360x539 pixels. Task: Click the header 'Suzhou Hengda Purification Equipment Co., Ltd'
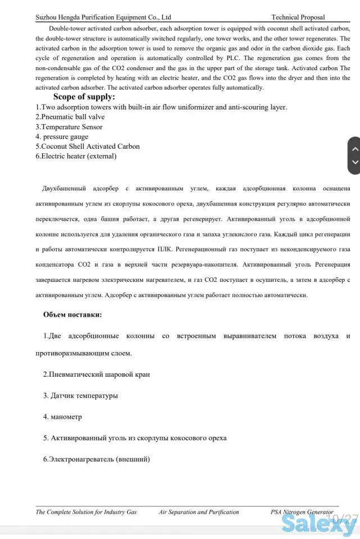(x=103, y=17)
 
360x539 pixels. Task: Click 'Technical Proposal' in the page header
(x=298, y=17)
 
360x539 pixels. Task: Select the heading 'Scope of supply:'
(x=84, y=97)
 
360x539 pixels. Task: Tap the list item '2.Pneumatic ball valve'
(x=70, y=117)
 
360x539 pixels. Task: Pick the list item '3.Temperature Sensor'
(x=69, y=127)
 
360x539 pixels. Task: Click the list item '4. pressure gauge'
(x=62, y=136)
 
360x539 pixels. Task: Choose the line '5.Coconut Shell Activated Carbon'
(x=87, y=147)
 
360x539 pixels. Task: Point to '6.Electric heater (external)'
(x=76, y=156)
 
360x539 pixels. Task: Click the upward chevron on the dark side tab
(x=354, y=149)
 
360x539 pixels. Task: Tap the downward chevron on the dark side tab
(x=354, y=163)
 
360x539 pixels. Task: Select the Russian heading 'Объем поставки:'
(x=72, y=314)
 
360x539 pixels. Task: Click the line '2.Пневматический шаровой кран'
(x=97, y=374)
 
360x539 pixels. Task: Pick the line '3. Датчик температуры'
(x=81, y=395)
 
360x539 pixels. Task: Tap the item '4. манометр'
(x=62, y=417)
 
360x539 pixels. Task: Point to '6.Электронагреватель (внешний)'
(x=97, y=459)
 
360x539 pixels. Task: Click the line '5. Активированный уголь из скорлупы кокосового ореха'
(x=135, y=438)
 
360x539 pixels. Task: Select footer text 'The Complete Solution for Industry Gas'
(x=86, y=512)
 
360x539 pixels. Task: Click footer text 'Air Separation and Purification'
(x=199, y=512)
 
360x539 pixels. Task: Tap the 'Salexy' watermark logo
(x=318, y=525)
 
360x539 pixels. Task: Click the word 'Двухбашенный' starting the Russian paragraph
(x=63, y=189)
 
